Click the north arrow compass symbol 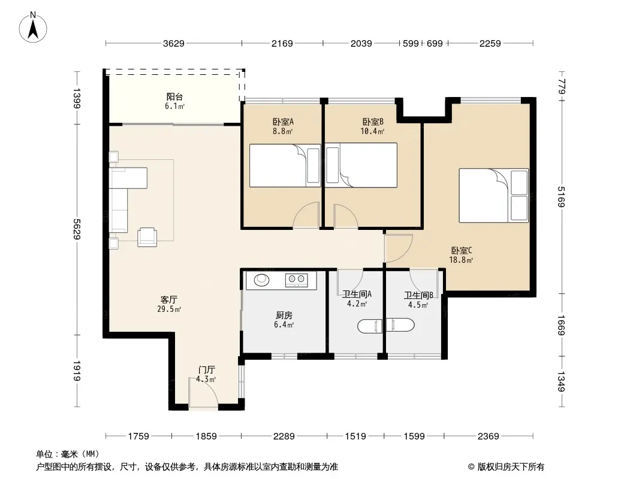pos(33,28)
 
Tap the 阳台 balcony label pos(174,97)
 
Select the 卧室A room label pos(283,122)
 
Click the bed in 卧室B pos(361,165)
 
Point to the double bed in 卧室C pos(493,195)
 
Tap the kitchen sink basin pos(261,280)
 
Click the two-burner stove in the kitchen pos(296,280)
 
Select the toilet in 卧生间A pos(370,326)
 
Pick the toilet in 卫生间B pos(400,325)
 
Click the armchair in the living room pos(147,237)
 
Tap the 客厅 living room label pos(168,300)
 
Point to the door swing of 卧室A pos(306,215)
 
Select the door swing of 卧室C pos(399,248)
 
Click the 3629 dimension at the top pos(174,43)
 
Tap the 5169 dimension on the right pos(562,196)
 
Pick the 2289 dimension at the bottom pos(284,436)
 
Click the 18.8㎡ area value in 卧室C pos(461,260)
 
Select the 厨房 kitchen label pos(284,316)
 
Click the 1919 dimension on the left pos(77,371)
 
